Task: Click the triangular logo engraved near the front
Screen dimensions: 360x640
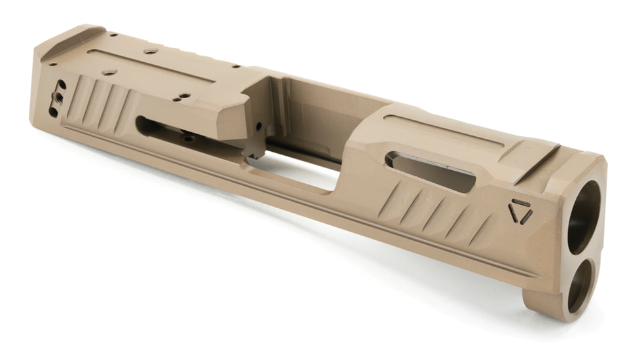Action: click(x=520, y=211)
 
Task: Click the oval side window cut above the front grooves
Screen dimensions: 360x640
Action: click(x=430, y=172)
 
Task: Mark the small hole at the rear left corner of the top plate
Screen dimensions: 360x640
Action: click(x=52, y=64)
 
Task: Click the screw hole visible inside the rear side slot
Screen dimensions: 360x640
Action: click(x=188, y=138)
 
